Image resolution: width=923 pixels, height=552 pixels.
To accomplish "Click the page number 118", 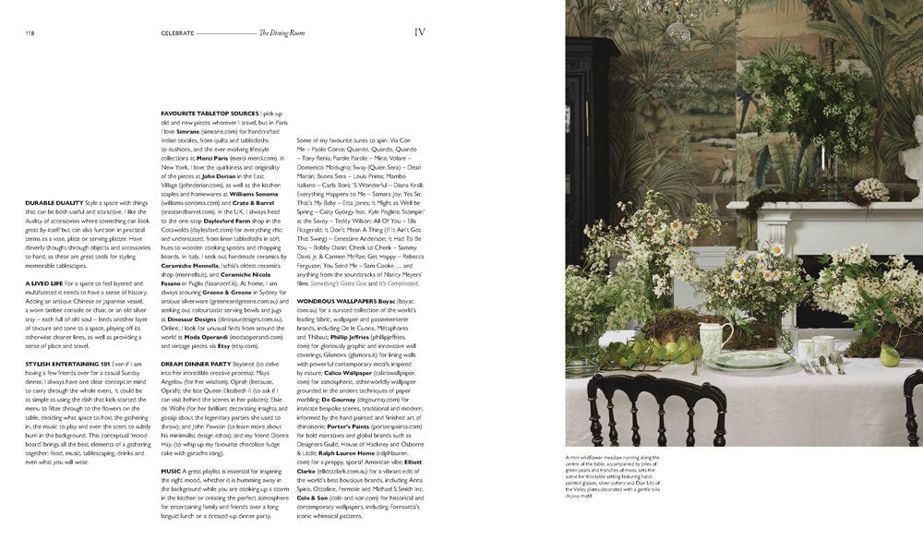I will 30,33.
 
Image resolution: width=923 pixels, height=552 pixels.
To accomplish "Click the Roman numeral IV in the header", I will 419,32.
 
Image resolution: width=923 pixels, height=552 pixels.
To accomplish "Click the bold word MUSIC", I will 171,472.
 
